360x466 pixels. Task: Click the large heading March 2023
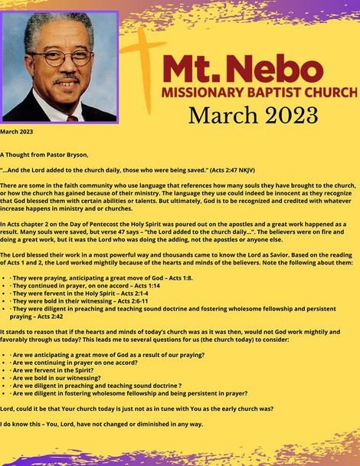pyautogui.click(x=253, y=115)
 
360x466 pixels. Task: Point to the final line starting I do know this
pyautogui.click(x=102, y=424)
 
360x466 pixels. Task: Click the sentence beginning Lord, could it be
pyautogui.click(x=137, y=409)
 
